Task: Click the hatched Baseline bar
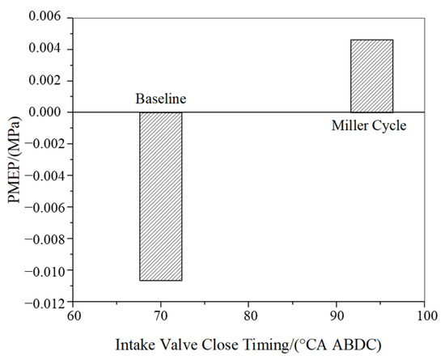coord(160,196)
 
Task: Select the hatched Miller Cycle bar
coord(371,76)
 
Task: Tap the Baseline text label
coord(160,100)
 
